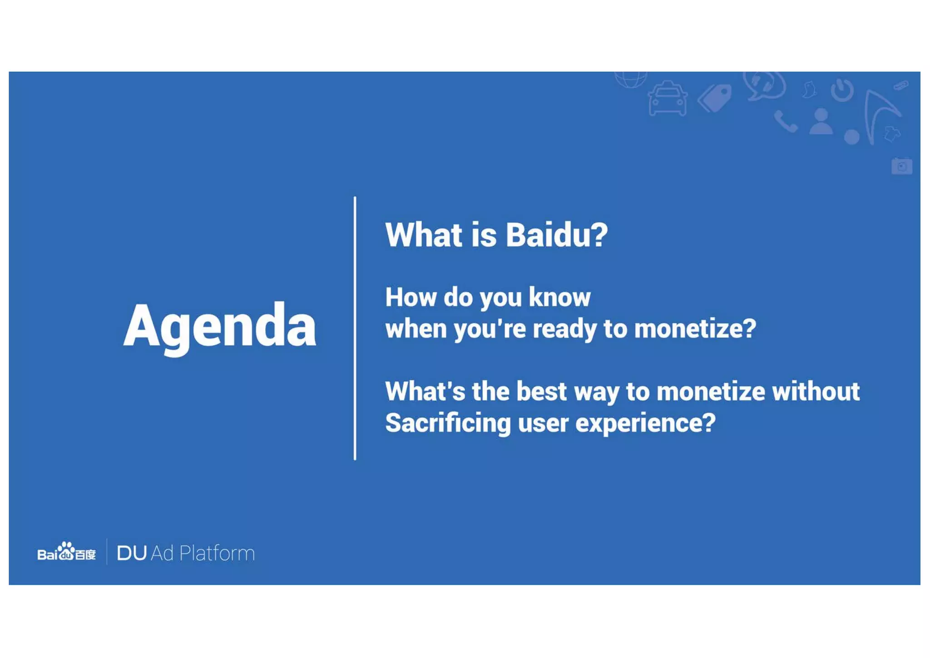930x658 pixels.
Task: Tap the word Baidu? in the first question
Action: pyautogui.click(x=557, y=235)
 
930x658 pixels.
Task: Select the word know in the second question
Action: pyautogui.click(x=559, y=298)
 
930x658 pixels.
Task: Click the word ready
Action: pyautogui.click(x=564, y=329)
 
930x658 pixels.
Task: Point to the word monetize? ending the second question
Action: pyautogui.click(x=695, y=329)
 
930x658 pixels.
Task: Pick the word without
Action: pyautogui.click(x=816, y=392)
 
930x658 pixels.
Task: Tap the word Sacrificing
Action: pyautogui.click(x=448, y=424)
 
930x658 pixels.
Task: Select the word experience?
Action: pyautogui.click(x=645, y=424)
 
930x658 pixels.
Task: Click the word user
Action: pyautogui.click(x=543, y=424)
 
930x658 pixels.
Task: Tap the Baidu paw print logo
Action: pyautogui.click(x=67, y=551)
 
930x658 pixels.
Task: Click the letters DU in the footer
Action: pyautogui.click(x=132, y=553)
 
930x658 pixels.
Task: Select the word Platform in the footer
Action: pyautogui.click(x=217, y=553)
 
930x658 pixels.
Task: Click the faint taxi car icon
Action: pyautogui.click(x=667, y=99)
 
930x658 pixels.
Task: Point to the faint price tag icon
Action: pyautogui.click(x=715, y=97)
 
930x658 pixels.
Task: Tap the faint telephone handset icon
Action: pyautogui.click(x=785, y=122)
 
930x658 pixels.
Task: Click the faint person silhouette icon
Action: pyautogui.click(x=821, y=122)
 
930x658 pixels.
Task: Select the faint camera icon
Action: pyautogui.click(x=901, y=166)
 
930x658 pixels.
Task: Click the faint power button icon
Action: pyautogui.click(x=842, y=90)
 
